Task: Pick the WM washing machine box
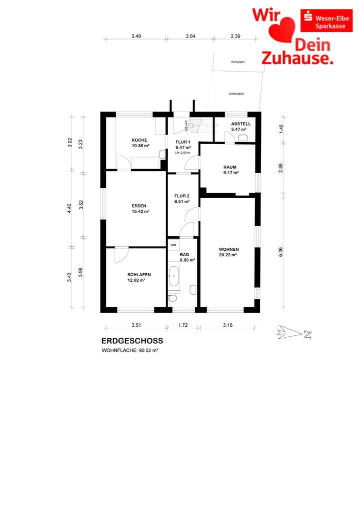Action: [173, 245]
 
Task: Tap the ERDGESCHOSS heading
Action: [132, 341]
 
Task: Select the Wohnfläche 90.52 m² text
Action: [130, 351]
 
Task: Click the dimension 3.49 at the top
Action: [136, 36]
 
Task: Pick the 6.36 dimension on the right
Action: [281, 252]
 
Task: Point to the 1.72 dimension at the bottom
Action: [182, 325]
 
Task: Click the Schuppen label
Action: [238, 62]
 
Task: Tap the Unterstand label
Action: [236, 94]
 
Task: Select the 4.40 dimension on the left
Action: [70, 208]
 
